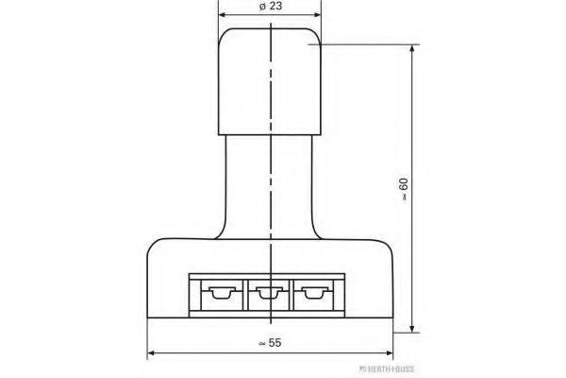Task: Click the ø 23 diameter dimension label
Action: point(271,7)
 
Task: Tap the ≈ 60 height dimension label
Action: point(404,189)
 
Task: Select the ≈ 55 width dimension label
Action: point(271,342)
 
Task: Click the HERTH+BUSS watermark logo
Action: point(387,369)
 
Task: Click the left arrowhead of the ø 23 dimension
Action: point(223,15)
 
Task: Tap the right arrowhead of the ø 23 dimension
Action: point(317,15)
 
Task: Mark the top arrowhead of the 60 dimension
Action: point(412,49)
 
